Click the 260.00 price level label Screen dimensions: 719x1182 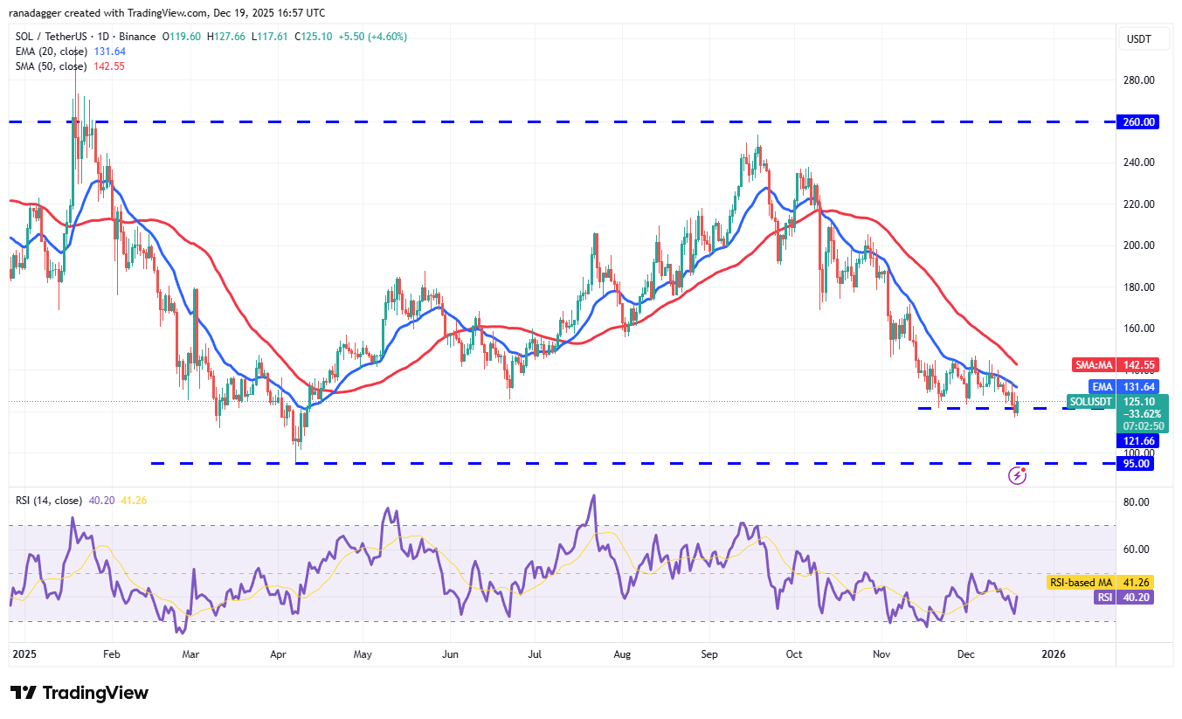(x=1139, y=122)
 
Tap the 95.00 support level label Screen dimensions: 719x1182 (x=1138, y=464)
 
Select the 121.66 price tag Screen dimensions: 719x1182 (x=1138, y=441)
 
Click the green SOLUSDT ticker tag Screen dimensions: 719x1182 (x=1092, y=402)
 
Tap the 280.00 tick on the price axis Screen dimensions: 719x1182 (x=1138, y=80)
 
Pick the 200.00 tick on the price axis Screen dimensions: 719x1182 (x=1138, y=245)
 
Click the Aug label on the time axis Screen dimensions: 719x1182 (x=622, y=653)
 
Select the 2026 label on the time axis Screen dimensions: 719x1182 (x=1053, y=653)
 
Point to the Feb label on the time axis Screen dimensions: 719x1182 (x=110, y=653)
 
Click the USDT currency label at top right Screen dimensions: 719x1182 (x=1139, y=38)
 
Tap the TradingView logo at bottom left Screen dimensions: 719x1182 (x=79, y=693)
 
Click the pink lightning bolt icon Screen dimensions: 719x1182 (x=1017, y=475)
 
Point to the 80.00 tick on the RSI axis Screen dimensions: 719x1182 (x=1135, y=502)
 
